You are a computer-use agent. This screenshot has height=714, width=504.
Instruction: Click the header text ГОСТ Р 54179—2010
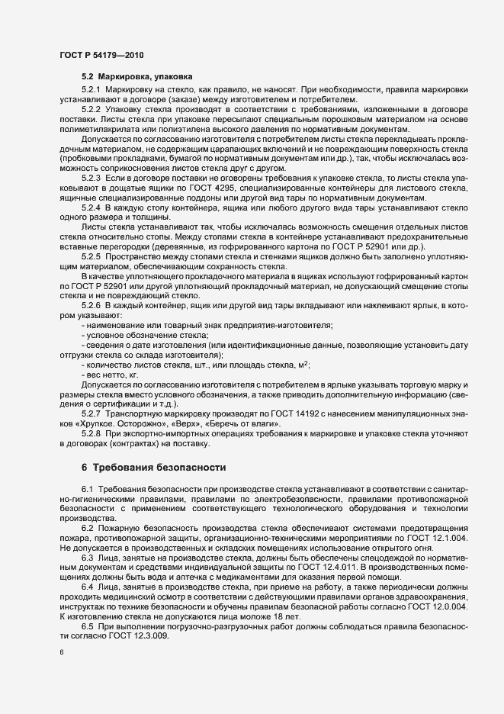[x=100, y=56]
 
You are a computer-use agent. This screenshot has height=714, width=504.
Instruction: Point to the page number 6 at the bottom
[x=61, y=654]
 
